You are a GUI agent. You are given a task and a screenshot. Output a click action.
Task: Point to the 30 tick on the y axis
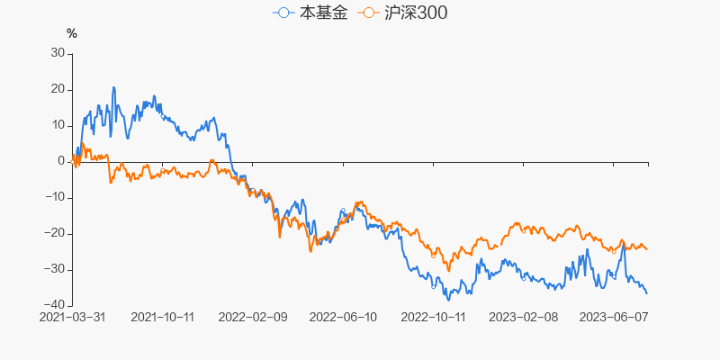coord(58,53)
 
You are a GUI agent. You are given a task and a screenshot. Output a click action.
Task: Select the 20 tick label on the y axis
coord(58,89)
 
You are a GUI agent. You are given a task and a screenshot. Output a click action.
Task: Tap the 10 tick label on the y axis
coord(58,125)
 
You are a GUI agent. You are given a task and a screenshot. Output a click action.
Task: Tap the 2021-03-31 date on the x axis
coord(72,317)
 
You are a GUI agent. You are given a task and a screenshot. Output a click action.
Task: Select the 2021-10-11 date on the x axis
coord(163,317)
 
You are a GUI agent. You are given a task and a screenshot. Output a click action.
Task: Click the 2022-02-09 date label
coord(253,317)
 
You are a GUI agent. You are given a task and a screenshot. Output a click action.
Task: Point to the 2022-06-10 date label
coord(342,317)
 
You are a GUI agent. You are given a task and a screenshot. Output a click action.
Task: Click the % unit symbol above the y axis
coord(72,34)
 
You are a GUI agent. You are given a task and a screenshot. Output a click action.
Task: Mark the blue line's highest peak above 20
coord(113,87)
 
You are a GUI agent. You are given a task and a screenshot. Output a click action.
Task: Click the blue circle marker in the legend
coord(284,13)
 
